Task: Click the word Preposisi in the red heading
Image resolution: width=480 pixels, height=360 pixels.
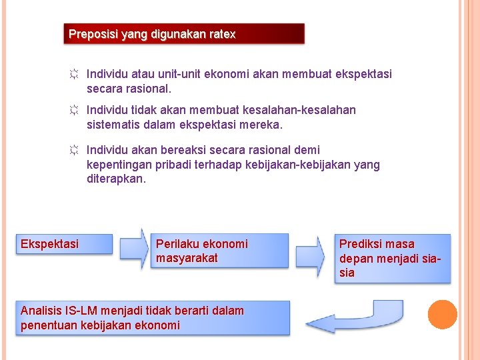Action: [93, 34]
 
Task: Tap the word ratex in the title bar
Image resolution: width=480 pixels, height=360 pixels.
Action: [222, 34]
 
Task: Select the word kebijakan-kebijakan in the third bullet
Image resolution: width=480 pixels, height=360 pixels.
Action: [306, 165]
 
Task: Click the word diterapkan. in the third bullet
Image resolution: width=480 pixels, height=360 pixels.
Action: [116, 179]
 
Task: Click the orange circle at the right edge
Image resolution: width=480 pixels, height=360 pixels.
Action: [442, 315]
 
